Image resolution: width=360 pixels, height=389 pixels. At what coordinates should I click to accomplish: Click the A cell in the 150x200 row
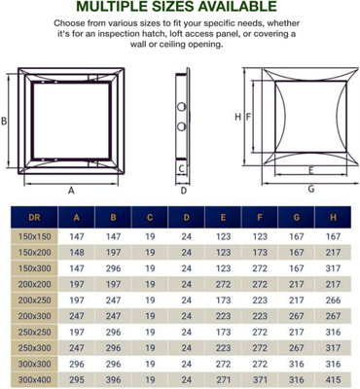[x=76, y=251]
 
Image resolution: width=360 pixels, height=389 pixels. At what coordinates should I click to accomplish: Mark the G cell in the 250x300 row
[x=297, y=345]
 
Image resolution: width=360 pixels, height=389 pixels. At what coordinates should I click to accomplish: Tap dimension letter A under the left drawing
[x=72, y=192]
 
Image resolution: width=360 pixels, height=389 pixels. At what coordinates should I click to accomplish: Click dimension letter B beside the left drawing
[x=6, y=122]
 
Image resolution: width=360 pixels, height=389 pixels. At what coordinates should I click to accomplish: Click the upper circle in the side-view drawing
[x=181, y=104]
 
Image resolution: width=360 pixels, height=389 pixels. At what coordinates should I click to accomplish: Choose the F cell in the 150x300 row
[x=261, y=266]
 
